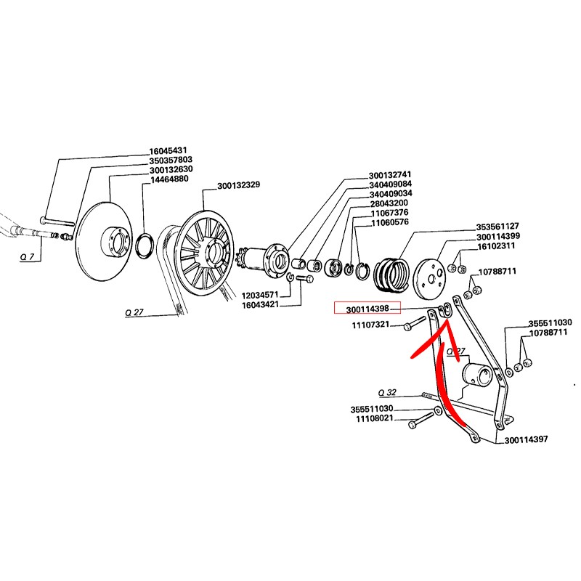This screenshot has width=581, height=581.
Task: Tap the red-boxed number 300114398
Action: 367,308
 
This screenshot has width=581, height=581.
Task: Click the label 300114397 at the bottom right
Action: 526,439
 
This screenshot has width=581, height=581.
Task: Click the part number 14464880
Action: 169,179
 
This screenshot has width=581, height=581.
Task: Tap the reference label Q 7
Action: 26,258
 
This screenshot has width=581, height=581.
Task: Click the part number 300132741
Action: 389,175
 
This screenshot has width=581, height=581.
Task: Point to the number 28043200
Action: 389,203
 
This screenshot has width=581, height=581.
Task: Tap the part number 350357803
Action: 171,160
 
